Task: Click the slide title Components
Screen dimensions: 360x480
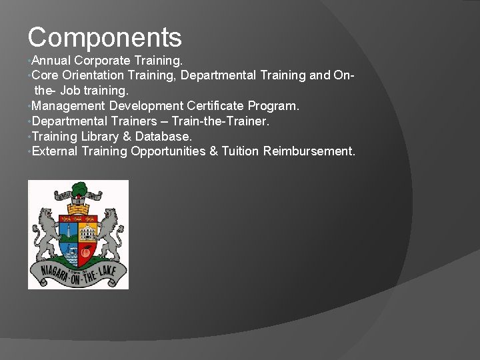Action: pyautogui.click(x=105, y=37)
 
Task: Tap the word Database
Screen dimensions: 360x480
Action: pyautogui.click(x=166, y=137)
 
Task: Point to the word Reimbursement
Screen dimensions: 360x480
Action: pyautogui.click(x=309, y=151)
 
